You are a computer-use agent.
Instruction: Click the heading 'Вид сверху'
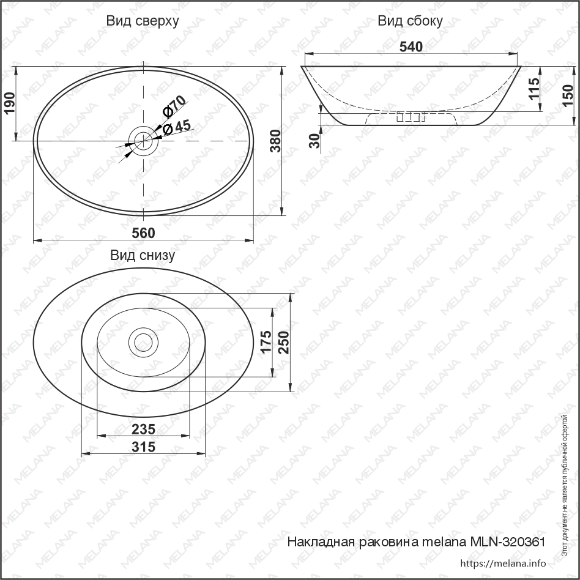[x=143, y=21]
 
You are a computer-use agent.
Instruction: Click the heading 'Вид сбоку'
[x=410, y=21]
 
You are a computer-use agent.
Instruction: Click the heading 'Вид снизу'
[x=143, y=255]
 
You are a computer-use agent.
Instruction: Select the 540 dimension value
[x=411, y=47]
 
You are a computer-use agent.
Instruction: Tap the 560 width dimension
[x=143, y=233]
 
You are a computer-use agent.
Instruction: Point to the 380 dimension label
[x=275, y=141]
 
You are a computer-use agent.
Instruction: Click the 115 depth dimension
[x=534, y=89]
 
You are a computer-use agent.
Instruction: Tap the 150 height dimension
[x=568, y=95]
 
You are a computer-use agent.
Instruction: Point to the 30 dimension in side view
[x=314, y=141]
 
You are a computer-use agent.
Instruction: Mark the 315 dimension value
[x=143, y=447]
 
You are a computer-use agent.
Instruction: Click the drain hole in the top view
[x=143, y=141]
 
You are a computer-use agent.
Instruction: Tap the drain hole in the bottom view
[x=143, y=343]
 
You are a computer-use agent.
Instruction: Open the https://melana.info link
[x=502, y=563]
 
